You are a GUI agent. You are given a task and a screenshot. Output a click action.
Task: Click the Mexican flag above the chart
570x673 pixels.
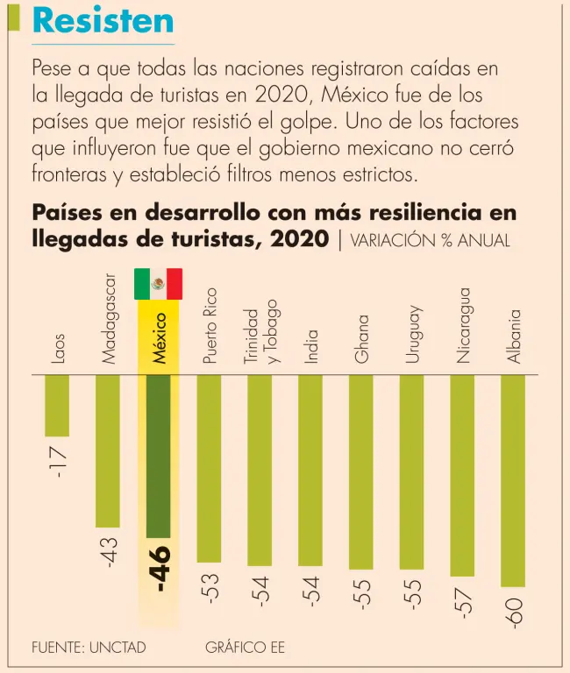(x=158, y=284)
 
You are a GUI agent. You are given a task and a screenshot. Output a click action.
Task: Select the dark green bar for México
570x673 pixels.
(x=158, y=456)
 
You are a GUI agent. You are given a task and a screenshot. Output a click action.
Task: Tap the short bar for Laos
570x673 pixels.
(x=57, y=405)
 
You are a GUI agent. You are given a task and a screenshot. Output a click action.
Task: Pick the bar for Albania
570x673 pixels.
(x=513, y=480)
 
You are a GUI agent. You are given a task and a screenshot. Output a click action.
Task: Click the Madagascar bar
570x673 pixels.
(x=108, y=450)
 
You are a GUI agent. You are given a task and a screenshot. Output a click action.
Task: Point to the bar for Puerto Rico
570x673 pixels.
(x=209, y=468)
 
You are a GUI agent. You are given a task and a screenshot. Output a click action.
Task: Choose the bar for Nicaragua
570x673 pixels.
(x=462, y=475)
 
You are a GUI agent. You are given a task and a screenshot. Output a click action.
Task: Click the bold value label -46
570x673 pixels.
(x=160, y=569)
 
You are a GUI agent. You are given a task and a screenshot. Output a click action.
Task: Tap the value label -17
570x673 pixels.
(x=59, y=462)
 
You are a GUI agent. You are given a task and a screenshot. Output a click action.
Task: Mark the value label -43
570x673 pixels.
(x=109, y=553)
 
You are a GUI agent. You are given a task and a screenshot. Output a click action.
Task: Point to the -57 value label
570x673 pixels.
(x=463, y=602)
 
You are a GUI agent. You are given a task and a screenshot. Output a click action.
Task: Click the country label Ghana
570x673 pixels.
(x=361, y=338)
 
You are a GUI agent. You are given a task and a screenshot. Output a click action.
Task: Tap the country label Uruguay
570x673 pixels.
(x=413, y=334)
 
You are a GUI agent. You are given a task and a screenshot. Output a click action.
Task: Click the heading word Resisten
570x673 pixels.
(x=103, y=20)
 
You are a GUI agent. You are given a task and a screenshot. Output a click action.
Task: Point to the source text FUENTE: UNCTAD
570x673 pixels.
(x=88, y=648)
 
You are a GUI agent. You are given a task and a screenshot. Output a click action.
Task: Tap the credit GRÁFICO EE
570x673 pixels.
(x=245, y=648)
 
